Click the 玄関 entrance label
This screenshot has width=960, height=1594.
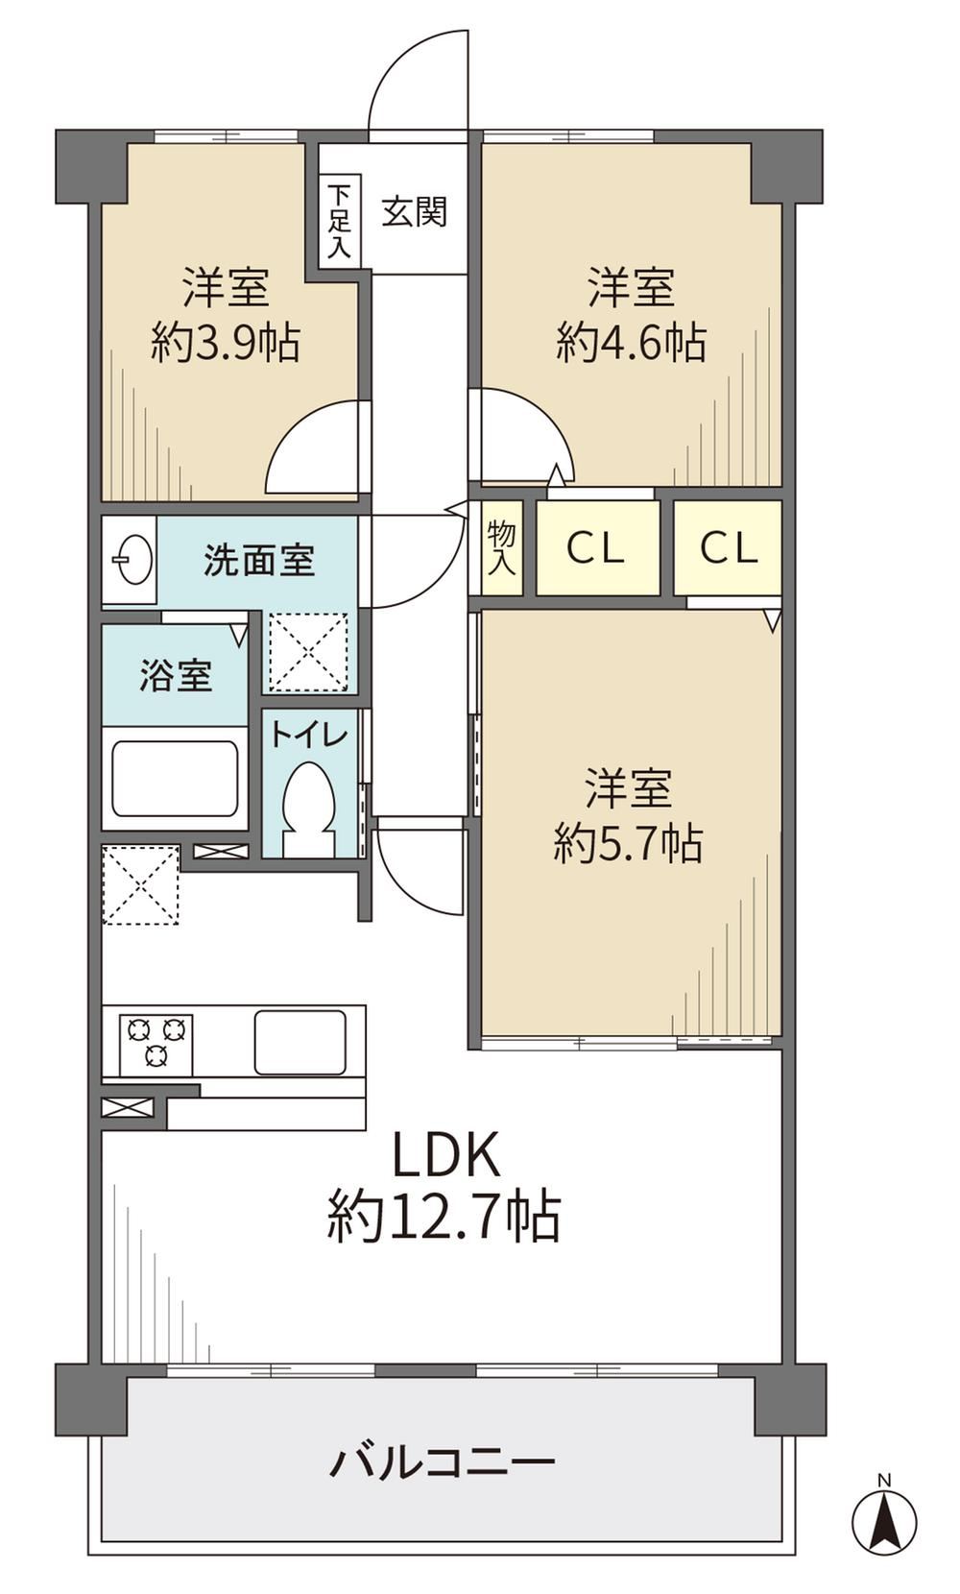pos(414,211)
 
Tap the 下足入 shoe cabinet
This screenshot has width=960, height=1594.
pos(340,221)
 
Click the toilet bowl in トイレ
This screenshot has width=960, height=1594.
pos(309,809)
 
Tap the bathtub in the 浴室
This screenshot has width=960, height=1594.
pos(175,779)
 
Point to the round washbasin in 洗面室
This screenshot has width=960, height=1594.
pos(132,560)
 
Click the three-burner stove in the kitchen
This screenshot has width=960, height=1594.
pos(156,1044)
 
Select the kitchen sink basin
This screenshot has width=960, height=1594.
pos(301,1041)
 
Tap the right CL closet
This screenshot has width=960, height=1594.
pos(728,548)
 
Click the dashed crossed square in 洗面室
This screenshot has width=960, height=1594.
pos(308,652)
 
